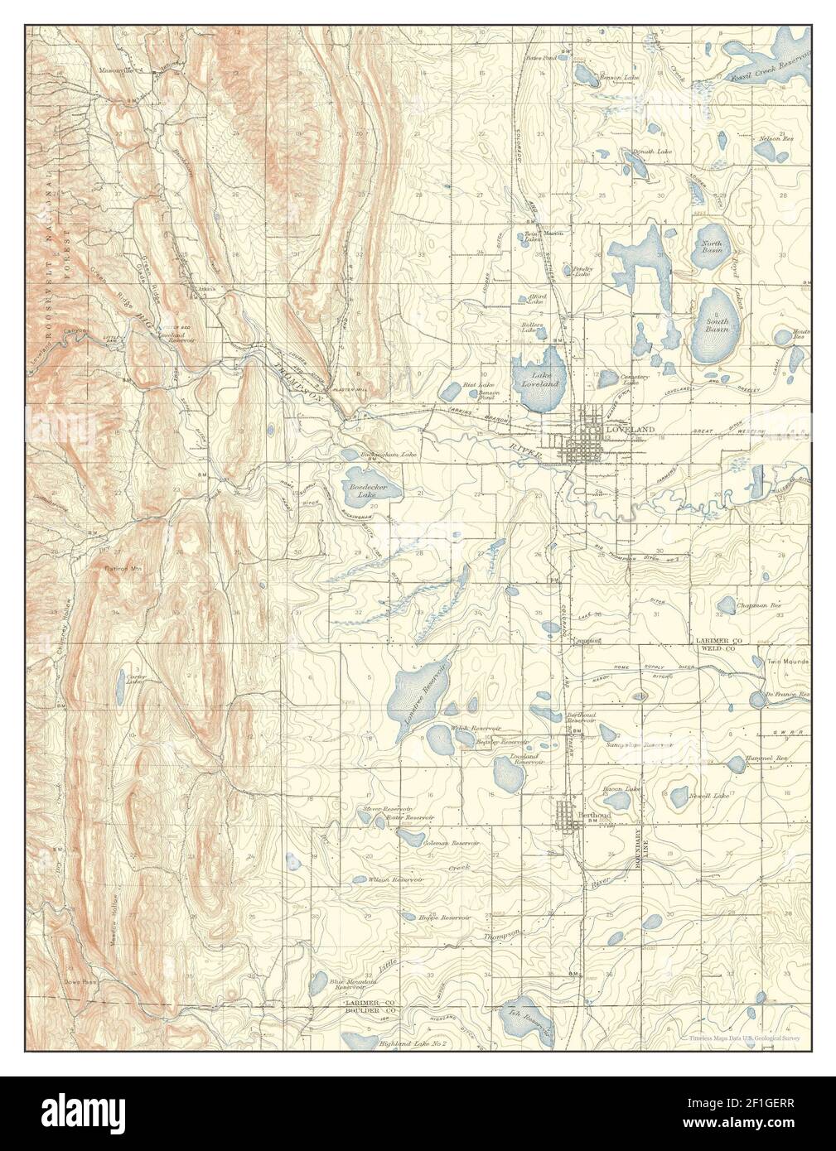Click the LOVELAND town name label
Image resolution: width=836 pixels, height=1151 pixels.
630,430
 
